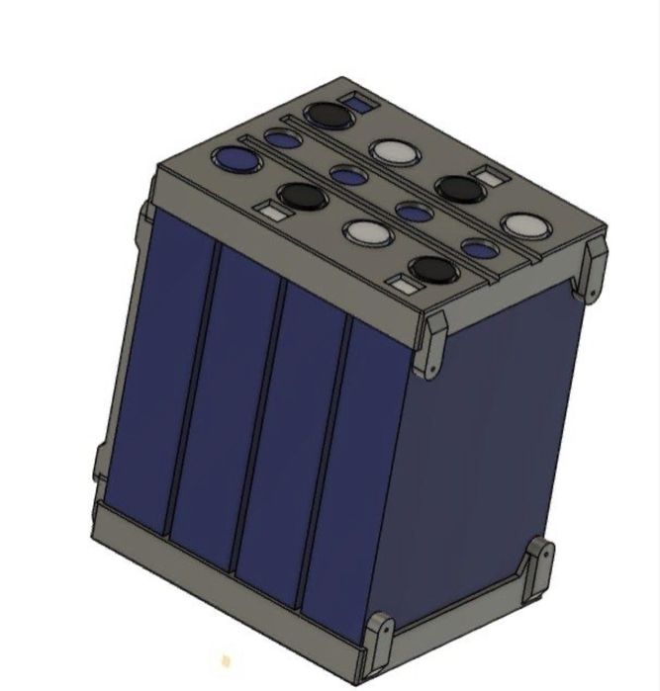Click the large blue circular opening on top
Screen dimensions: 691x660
click(235, 158)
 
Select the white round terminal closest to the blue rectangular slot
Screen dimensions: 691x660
click(394, 150)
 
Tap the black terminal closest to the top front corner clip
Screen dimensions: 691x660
click(432, 269)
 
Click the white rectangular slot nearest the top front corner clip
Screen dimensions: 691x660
click(402, 287)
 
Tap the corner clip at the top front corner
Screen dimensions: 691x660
click(432, 346)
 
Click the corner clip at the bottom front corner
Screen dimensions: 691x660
click(379, 641)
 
